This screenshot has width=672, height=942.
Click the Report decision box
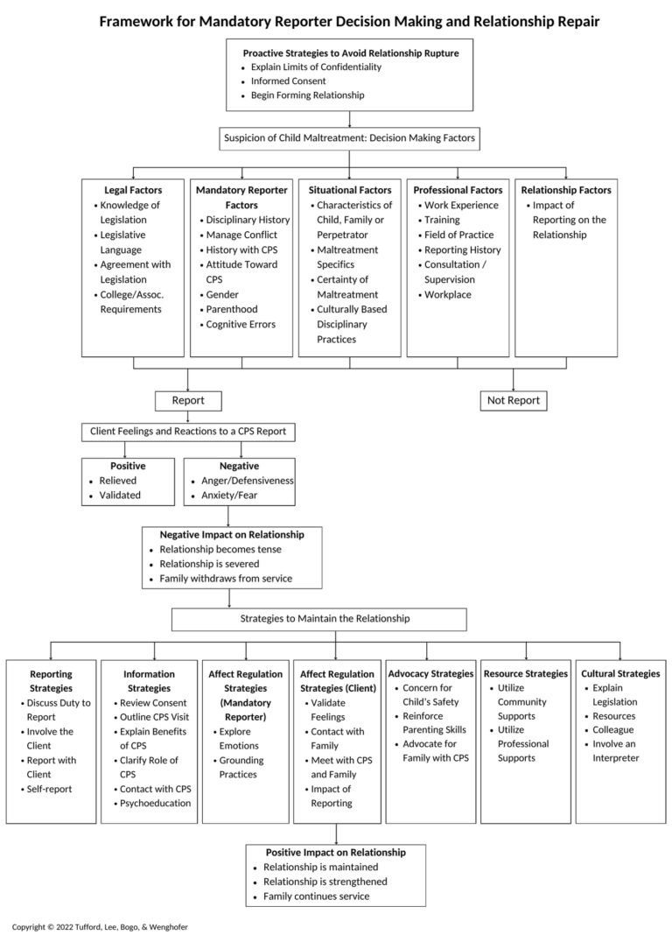click(x=188, y=400)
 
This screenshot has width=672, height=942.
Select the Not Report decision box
click(x=514, y=400)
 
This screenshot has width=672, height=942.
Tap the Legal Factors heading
click(x=120, y=190)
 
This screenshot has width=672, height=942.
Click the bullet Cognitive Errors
click(x=241, y=324)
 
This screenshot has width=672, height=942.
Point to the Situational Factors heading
click(x=349, y=190)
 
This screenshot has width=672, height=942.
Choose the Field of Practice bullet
click(x=458, y=235)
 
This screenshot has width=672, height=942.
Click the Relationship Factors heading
click(x=566, y=190)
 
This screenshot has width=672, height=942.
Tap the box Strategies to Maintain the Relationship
click(x=325, y=618)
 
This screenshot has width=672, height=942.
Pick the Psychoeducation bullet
click(x=157, y=803)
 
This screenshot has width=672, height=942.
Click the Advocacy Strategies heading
click(x=431, y=673)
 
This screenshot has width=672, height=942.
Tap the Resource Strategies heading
click(x=526, y=673)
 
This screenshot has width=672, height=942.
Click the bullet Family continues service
click(x=317, y=896)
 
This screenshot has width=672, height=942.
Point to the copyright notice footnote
click(x=100, y=926)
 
